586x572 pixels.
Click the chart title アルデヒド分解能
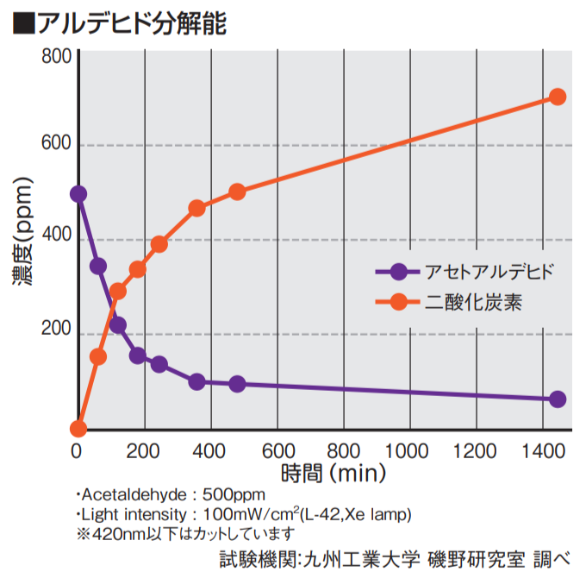[133, 23]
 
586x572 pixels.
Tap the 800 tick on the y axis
[56, 56]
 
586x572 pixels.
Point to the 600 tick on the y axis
[56, 142]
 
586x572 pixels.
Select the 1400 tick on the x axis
[543, 451]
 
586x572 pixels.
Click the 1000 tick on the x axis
[407, 451]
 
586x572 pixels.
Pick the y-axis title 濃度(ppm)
[23, 231]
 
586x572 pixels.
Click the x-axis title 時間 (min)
[334, 474]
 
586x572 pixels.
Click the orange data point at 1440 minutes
[558, 97]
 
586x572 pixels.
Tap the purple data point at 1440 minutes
[558, 399]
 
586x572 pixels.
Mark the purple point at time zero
[78, 194]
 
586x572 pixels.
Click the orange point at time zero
[78, 429]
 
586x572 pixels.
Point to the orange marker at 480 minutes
[237, 192]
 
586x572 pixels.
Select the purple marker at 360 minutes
[197, 382]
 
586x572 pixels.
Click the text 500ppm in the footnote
[234, 495]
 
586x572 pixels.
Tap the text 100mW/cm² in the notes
[251, 514]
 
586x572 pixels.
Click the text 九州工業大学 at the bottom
[361, 559]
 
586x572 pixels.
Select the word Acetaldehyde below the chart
[134, 495]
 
